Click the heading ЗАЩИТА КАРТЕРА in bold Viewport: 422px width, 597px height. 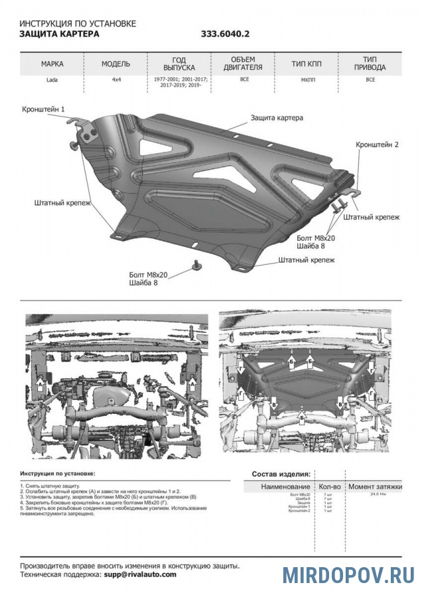(x=60, y=34)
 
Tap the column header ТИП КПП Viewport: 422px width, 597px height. (x=307, y=64)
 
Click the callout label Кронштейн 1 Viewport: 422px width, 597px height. (x=44, y=108)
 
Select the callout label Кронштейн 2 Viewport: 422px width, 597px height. (x=377, y=144)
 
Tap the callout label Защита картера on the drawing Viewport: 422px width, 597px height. (x=277, y=118)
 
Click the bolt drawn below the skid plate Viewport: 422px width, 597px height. (x=196, y=265)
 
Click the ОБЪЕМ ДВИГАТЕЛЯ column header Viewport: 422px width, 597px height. (x=242, y=64)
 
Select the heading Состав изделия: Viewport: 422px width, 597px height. (x=281, y=474)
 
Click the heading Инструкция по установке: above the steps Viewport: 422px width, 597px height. (x=57, y=474)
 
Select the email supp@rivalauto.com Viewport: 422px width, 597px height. (x=140, y=574)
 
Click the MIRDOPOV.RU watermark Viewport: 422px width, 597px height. (x=348, y=574)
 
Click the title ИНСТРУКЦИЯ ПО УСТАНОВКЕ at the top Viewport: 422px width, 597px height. (x=78, y=23)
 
